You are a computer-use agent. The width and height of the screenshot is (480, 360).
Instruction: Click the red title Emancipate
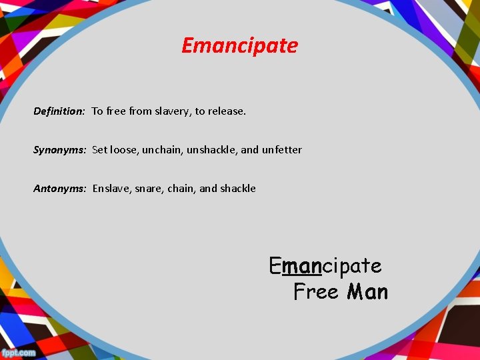[x=239, y=46]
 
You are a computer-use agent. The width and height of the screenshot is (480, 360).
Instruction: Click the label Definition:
[x=59, y=111]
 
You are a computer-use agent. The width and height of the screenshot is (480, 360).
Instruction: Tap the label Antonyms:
[x=60, y=189]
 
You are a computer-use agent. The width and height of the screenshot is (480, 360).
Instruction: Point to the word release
[x=227, y=111]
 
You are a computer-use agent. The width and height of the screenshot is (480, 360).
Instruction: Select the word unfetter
[x=281, y=150]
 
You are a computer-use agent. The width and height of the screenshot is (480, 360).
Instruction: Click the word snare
[x=151, y=189]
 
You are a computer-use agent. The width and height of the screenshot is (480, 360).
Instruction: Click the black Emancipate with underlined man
[x=325, y=266]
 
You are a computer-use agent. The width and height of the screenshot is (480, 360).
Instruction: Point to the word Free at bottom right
[x=316, y=292]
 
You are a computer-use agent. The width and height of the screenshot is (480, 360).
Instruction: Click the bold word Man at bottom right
[x=367, y=292]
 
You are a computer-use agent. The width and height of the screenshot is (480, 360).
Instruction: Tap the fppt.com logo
[x=19, y=352]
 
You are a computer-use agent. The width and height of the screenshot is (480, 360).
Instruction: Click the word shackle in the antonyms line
[x=238, y=189]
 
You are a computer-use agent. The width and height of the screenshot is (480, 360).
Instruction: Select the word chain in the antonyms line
[x=183, y=189]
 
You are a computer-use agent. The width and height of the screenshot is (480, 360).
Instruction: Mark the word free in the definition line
[x=116, y=111]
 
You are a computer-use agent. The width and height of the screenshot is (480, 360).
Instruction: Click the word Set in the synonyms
[x=99, y=150]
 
